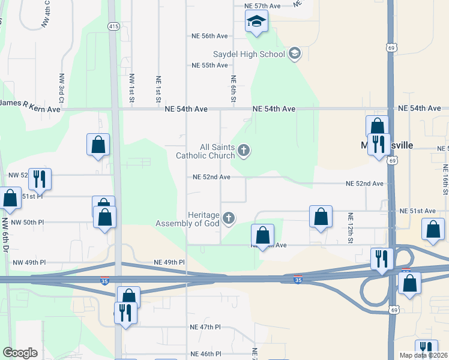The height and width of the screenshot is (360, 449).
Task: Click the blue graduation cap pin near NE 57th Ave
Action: coord(256,23)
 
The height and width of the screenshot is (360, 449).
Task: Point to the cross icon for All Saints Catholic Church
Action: coord(243,150)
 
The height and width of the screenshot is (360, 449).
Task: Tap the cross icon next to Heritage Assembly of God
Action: coord(228,218)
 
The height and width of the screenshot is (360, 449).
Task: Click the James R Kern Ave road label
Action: coord(30,109)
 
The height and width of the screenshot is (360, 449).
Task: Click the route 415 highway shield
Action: coord(114,26)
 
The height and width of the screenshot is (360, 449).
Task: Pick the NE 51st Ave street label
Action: coord(418,211)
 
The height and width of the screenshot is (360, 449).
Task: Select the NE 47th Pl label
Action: coord(205,327)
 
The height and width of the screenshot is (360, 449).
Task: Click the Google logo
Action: coord(20,353)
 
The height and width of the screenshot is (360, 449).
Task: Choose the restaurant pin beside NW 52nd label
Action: coord(40,179)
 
